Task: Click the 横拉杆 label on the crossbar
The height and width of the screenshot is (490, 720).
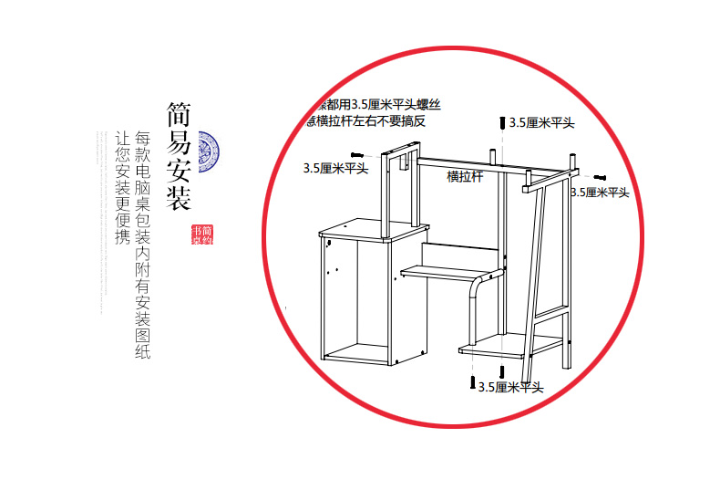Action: coord(465,176)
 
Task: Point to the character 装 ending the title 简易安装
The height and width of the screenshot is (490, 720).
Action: coord(178,199)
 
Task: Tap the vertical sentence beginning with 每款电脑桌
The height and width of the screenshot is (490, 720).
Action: coord(143,245)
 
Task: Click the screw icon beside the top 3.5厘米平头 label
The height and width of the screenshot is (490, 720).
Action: coord(501,122)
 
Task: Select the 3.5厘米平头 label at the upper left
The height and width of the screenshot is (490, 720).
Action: coord(335,168)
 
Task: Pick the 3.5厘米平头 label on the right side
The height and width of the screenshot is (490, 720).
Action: coord(599,192)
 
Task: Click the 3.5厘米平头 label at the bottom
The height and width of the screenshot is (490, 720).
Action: coord(511,388)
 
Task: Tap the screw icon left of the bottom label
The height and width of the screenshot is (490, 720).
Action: coord(473,383)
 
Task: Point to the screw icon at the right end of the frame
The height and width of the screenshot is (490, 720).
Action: coord(601,176)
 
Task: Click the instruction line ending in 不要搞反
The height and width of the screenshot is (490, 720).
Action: coord(368,121)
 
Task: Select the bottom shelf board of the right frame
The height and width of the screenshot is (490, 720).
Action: coord(510,347)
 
